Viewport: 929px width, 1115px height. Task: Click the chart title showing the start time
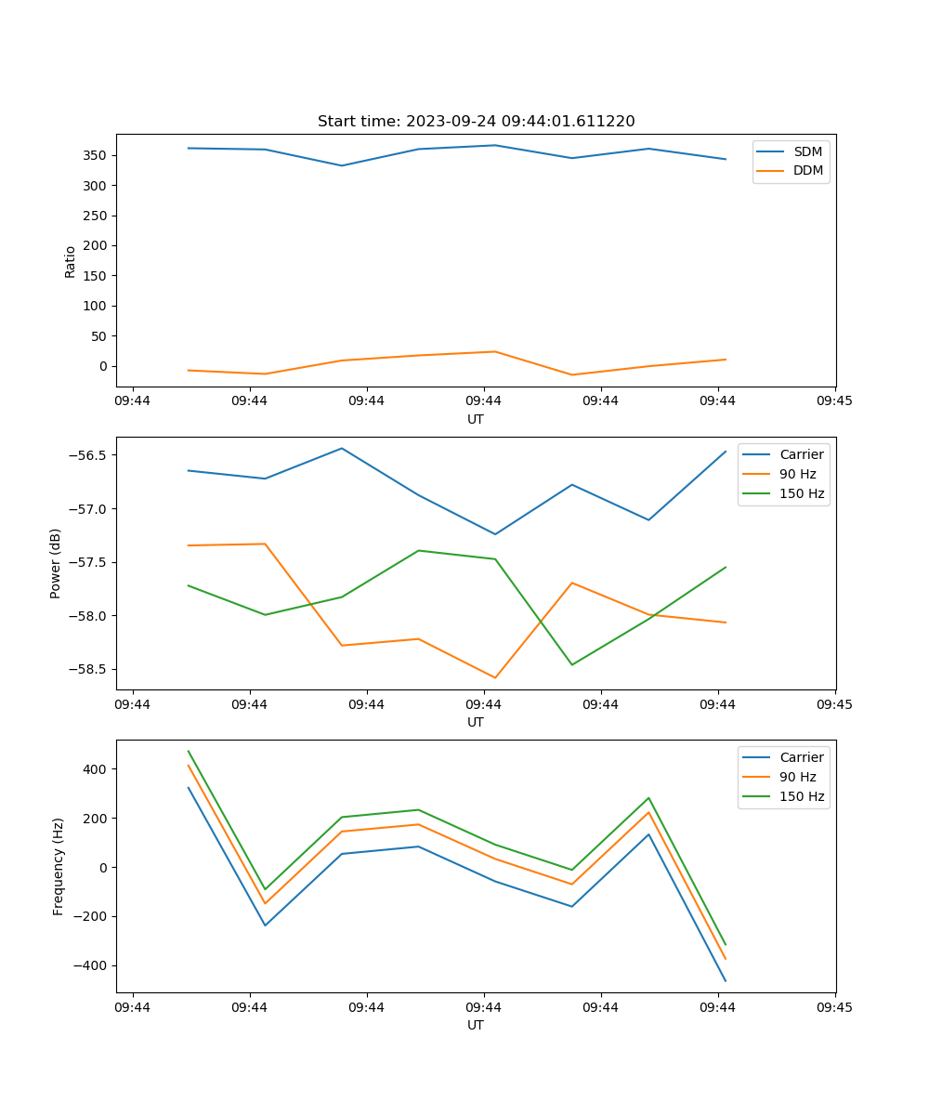pyautogui.click(x=476, y=122)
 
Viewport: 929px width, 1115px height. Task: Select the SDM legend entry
pyautogui.click(x=807, y=151)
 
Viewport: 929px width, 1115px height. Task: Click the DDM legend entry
pyautogui.click(x=807, y=170)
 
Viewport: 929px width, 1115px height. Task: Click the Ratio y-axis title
pyautogui.click(x=71, y=261)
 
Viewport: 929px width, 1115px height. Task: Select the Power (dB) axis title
pyautogui.click(x=56, y=563)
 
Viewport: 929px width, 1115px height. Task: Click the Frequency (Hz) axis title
pyautogui.click(x=58, y=866)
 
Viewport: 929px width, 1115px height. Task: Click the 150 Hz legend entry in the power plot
pyautogui.click(x=802, y=493)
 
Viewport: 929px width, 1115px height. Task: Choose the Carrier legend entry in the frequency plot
pyautogui.click(x=802, y=757)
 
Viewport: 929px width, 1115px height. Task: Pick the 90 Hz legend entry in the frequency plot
pyautogui.click(x=798, y=777)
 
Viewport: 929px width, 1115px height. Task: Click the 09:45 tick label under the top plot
pyautogui.click(x=834, y=401)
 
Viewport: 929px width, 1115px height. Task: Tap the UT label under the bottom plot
pyautogui.click(x=476, y=1025)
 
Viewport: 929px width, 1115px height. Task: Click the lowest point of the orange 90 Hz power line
pyautogui.click(x=495, y=677)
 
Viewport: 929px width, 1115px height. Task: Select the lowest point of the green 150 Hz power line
pyautogui.click(x=571, y=664)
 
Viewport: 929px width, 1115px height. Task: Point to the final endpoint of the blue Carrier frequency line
pyautogui.click(x=726, y=981)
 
